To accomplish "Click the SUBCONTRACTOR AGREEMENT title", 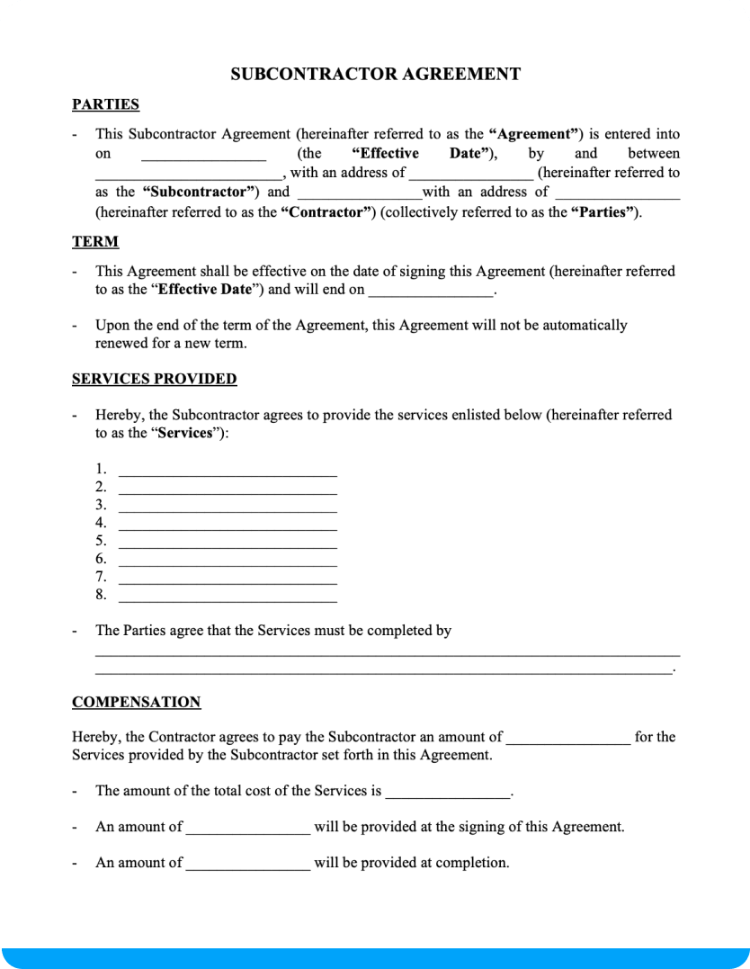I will point(375,75).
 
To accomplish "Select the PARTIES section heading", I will point(105,104).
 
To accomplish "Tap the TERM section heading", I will point(94,242).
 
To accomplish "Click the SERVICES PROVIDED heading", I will point(154,379).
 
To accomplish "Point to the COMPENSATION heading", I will point(136,702).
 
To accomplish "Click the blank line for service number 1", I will point(228,471).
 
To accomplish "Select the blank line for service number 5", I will point(228,543).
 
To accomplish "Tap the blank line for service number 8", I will point(228,597).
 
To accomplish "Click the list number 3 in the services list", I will point(101,505).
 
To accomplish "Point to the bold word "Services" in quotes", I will point(185,433).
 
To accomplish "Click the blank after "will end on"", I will point(431,292).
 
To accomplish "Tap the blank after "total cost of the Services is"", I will point(446,794).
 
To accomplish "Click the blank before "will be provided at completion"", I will point(247,866).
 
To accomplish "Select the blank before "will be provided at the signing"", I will point(247,830).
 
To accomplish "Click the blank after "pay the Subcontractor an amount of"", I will point(568,740).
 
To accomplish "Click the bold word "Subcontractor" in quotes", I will point(201,192).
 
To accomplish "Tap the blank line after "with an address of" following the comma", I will point(471,175).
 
